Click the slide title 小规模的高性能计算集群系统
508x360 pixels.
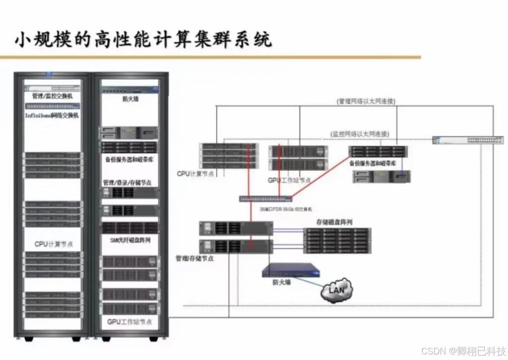(143, 39)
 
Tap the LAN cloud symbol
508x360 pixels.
(336, 289)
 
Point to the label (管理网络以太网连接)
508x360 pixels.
(366, 101)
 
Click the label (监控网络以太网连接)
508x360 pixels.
(360, 134)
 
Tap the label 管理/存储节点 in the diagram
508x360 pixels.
(194, 258)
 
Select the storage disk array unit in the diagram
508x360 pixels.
(337, 240)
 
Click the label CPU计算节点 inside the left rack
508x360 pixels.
(54, 244)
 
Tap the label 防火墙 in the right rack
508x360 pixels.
(130, 99)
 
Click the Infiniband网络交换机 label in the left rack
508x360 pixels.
(52, 116)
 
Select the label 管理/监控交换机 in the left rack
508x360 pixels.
(52, 96)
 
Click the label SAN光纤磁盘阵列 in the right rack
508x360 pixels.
(130, 240)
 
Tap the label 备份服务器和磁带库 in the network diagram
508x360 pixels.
(373, 163)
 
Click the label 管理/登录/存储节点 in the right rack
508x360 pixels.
(127, 182)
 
